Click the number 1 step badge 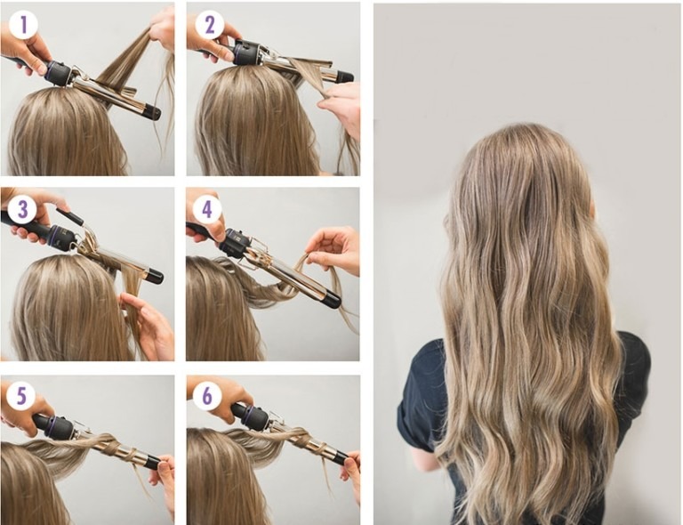(x=23, y=25)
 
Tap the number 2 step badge (x=209, y=25)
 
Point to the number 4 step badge (x=207, y=210)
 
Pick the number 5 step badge (x=21, y=396)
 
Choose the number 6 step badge (x=207, y=396)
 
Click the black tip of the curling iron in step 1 (x=152, y=112)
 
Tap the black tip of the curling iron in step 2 (x=344, y=77)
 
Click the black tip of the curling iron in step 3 (x=155, y=276)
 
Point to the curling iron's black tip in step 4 (x=332, y=300)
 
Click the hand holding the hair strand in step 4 (x=333, y=249)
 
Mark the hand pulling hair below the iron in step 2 (x=341, y=106)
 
